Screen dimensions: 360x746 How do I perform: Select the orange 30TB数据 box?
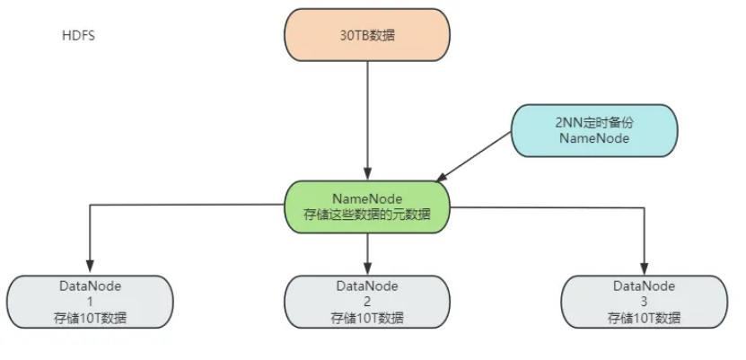coord(367,37)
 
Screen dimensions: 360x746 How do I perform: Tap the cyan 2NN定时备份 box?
coord(594,129)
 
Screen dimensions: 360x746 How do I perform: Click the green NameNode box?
coord(367,206)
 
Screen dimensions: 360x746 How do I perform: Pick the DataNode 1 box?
coord(90,302)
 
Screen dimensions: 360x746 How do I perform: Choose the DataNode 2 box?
coord(367,302)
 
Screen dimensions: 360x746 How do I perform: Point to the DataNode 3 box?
coord(644,302)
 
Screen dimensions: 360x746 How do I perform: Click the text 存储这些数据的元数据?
coord(367,215)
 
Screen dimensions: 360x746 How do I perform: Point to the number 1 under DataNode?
coord(90,302)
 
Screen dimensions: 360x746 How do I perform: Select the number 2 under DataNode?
coord(367,302)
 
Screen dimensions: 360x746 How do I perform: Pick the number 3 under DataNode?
coord(644,302)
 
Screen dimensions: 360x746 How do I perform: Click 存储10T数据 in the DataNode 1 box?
coord(90,318)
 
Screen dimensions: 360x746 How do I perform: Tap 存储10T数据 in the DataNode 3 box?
coord(644,318)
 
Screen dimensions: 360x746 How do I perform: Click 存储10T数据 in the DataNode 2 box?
coord(367,318)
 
